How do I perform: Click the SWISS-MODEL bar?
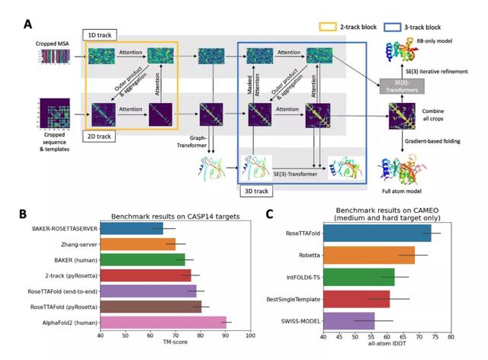click(x=348, y=320)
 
